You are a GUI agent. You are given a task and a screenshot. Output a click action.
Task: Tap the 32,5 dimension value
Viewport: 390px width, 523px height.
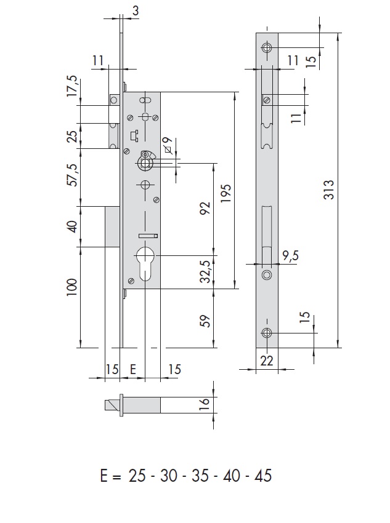[206, 271]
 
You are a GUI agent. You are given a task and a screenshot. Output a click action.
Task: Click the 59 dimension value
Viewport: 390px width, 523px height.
[206, 320]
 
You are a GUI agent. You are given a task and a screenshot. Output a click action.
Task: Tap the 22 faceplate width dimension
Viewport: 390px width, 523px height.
[266, 361]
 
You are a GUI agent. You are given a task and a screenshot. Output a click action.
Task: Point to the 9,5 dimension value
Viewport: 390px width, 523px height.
[290, 255]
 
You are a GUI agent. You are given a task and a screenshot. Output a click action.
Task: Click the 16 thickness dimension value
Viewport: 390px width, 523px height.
[205, 404]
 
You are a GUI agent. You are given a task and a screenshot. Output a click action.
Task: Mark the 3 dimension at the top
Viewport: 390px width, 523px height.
[135, 10]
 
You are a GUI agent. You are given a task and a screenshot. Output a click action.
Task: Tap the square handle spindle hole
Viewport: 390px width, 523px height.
[145, 163]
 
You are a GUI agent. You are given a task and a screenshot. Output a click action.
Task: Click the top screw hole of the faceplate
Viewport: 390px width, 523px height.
[266, 48]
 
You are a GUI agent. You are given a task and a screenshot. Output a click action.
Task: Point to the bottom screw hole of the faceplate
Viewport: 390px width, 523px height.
[266, 333]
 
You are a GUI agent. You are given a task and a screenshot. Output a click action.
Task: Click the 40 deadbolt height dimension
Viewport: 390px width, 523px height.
[71, 226]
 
